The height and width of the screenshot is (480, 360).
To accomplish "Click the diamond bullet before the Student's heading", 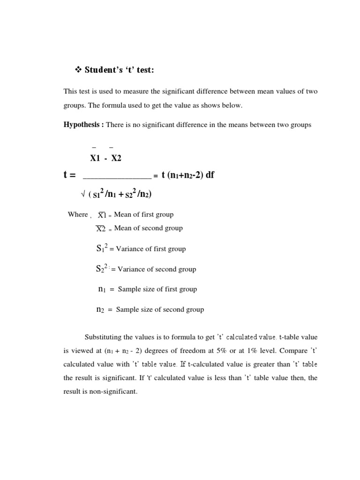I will coord(78,70).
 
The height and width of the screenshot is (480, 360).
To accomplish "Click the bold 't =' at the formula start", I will coord(69,175).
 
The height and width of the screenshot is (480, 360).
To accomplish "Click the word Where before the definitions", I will coord(78,214).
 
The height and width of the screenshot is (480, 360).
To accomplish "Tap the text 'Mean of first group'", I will coord(143,214).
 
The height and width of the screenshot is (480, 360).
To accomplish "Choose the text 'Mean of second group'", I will coord(148,228).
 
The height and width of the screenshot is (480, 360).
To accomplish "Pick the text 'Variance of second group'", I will coord(157,269).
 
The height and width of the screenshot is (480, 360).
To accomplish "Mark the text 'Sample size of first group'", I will coord(157,289).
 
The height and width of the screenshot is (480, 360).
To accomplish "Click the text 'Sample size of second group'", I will coord(160,309).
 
